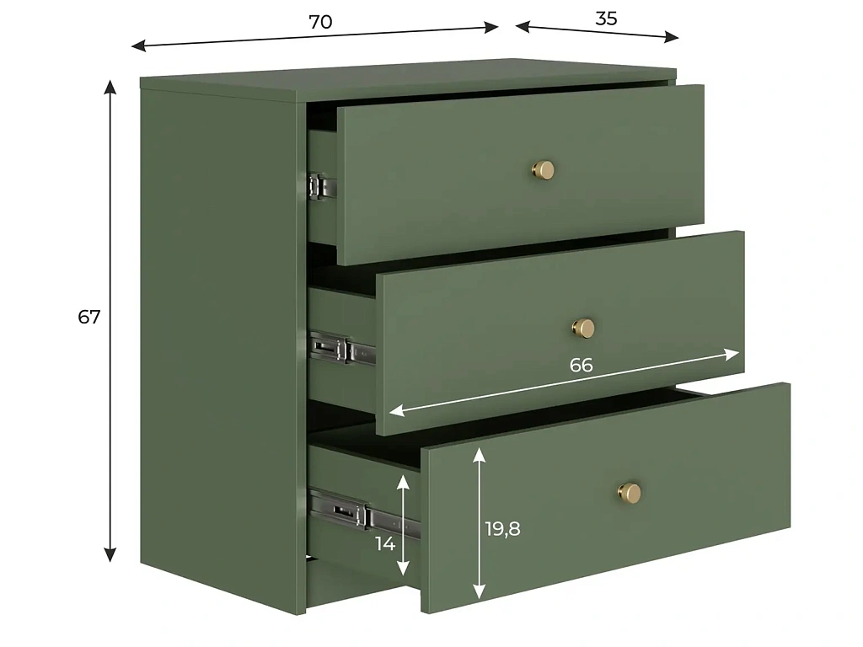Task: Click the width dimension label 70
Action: coord(320,22)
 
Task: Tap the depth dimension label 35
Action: coord(606,19)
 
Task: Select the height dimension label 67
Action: coord(89,317)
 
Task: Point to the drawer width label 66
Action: coord(582,365)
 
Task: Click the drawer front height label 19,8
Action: coord(502,529)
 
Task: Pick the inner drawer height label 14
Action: coord(385,543)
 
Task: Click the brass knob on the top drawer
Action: coord(544,170)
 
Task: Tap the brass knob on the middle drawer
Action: coord(583,328)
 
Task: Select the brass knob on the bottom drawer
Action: coord(629,491)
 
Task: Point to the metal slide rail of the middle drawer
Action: coord(342,349)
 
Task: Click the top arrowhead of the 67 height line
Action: coord(110,87)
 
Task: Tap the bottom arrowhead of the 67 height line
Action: coord(110,554)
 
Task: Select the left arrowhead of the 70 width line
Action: coord(139,46)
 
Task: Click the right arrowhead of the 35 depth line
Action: coord(672,37)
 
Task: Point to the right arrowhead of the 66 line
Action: coord(732,355)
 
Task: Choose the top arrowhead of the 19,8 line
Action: coord(480,454)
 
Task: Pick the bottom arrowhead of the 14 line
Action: coord(404,569)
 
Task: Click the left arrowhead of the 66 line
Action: coord(396,410)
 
